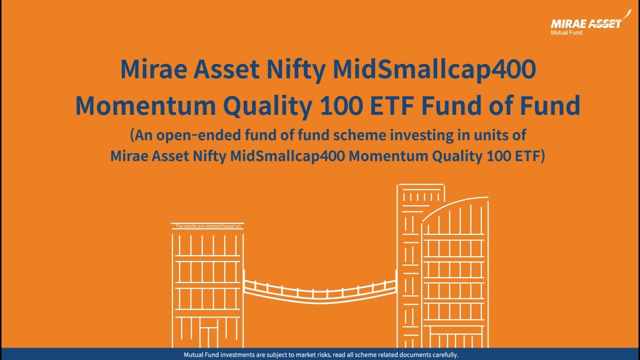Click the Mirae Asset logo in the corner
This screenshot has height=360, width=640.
tap(586, 23)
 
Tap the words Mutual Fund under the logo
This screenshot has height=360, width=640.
tap(566, 33)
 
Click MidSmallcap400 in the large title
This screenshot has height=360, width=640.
tap(434, 69)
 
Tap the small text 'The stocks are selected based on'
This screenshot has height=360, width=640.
tap(208, 226)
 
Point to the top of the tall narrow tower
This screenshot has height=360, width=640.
tap(420, 186)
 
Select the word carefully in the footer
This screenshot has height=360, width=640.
tap(443, 355)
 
